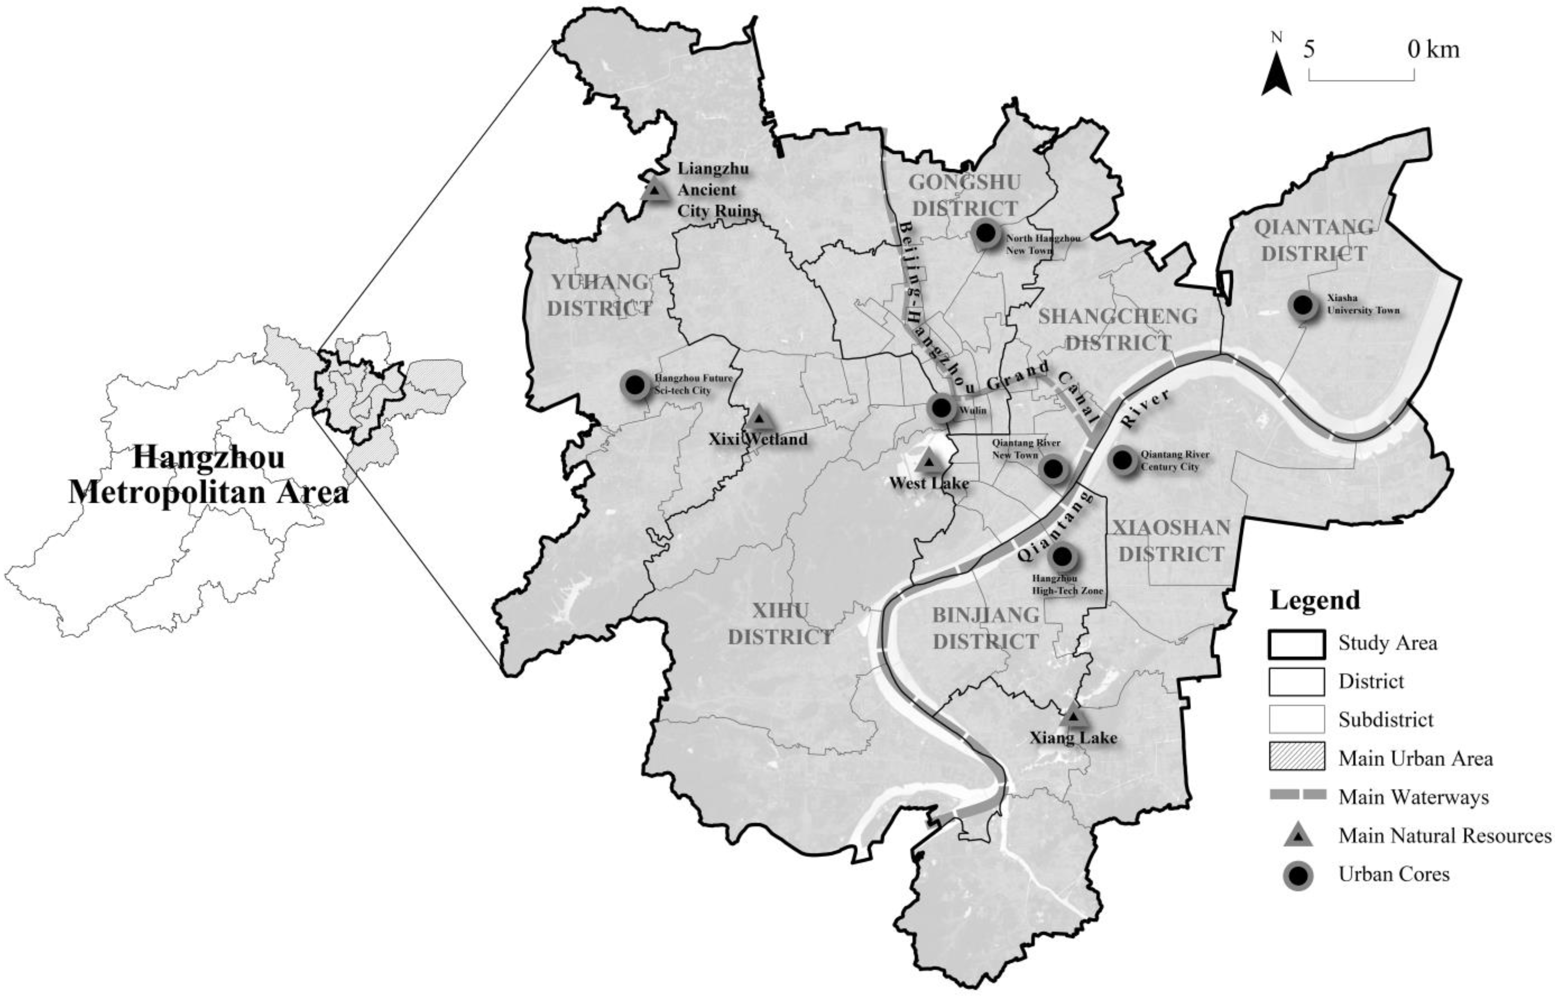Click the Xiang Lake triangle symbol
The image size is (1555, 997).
pos(1074,717)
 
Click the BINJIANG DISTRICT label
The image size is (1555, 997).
pos(985,628)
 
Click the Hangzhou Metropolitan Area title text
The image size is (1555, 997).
pos(209,475)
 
